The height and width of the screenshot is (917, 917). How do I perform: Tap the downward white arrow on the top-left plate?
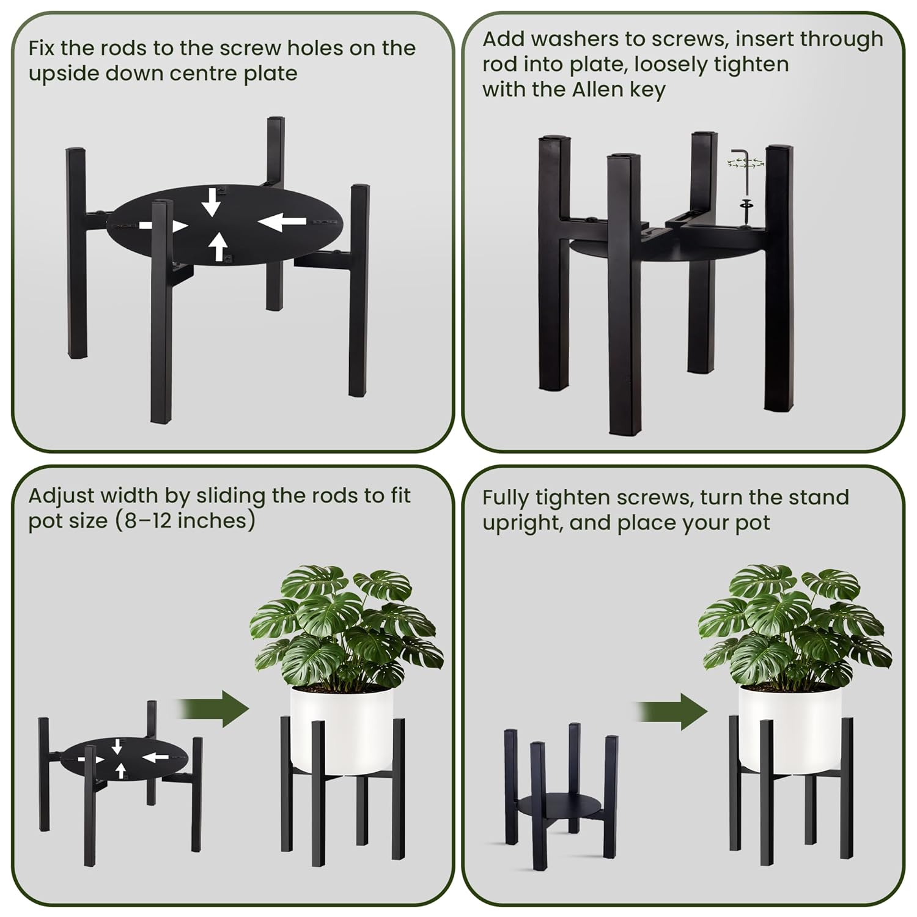pos(211,202)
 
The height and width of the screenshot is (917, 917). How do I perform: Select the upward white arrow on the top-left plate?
pos(218,247)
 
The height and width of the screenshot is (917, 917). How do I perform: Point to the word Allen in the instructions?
pos(598,89)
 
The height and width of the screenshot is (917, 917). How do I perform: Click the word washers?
pos(576,39)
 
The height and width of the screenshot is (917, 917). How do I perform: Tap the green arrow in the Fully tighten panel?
pos(672,712)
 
